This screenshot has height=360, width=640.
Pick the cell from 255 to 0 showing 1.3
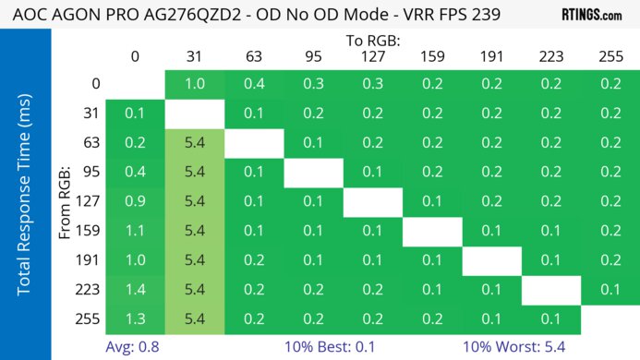pyautogui.click(x=135, y=319)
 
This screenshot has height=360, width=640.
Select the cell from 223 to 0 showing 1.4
pyautogui.click(x=135, y=290)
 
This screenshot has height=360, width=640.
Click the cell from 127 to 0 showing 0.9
pyautogui.click(x=135, y=202)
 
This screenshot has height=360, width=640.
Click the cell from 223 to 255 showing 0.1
pyautogui.click(x=610, y=290)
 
